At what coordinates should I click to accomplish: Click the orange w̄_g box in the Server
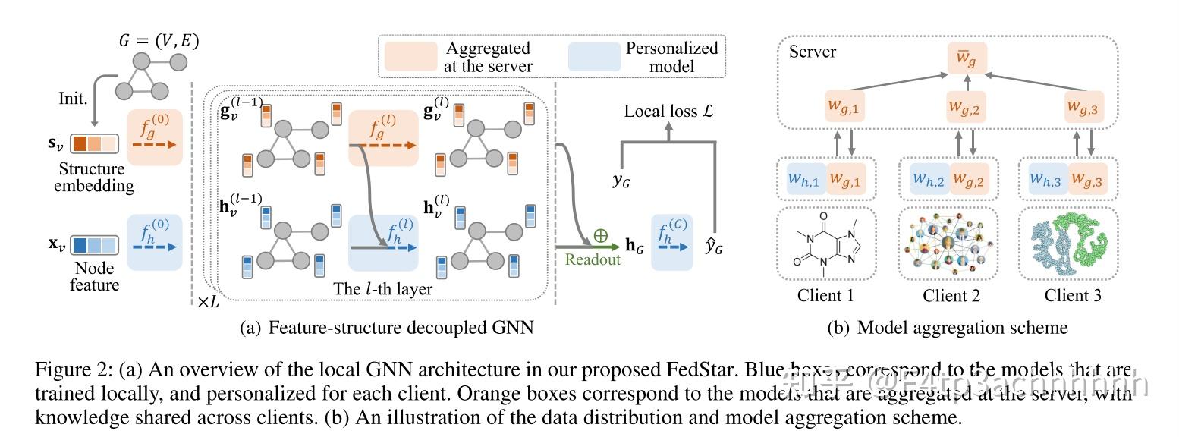(x=967, y=58)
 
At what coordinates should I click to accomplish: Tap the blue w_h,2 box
(x=928, y=179)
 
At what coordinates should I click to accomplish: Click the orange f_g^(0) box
(x=155, y=137)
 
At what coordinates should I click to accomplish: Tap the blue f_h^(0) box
(x=155, y=241)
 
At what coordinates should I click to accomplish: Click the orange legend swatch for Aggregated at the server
(x=410, y=57)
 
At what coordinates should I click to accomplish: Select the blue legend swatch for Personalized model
(x=593, y=57)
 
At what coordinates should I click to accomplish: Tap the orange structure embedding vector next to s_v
(x=95, y=143)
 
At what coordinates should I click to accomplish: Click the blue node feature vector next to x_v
(x=95, y=246)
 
